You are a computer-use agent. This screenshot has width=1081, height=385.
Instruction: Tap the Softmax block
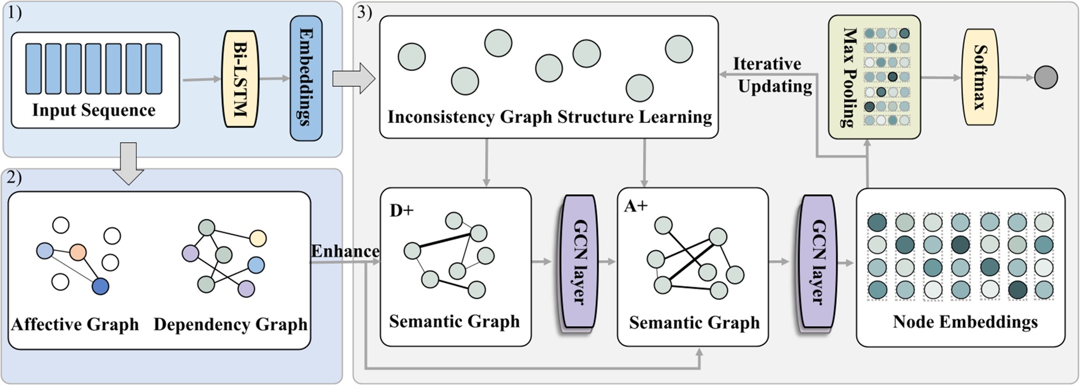tap(981, 77)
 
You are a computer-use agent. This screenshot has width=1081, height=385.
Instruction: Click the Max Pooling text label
tap(850, 77)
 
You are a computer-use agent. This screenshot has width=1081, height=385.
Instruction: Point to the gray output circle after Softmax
tap(1045, 78)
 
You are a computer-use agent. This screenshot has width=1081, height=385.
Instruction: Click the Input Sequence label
tap(94, 110)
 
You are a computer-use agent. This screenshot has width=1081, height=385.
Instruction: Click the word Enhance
tap(344, 251)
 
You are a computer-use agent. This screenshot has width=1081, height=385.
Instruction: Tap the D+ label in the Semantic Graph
tap(401, 210)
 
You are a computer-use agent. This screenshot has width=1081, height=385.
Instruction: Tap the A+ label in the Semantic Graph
tap(635, 206)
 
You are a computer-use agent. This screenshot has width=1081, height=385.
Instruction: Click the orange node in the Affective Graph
tap(78, 252)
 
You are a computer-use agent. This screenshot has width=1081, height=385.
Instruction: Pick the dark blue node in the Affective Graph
tap(100, 287)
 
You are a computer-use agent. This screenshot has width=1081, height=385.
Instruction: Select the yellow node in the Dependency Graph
tap(257, 238)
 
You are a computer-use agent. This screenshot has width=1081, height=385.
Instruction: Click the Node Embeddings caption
tap(964, 322)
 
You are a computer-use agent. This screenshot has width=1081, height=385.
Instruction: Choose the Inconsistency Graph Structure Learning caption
tap(549, 117)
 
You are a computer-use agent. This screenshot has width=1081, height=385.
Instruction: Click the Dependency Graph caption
tap(230, 325)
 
